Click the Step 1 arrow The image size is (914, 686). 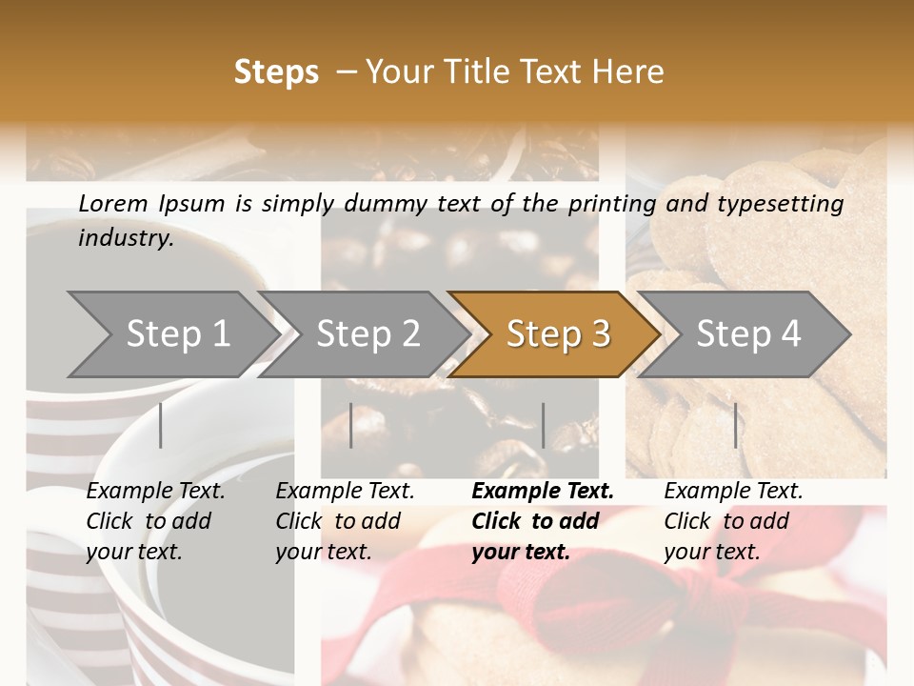176,334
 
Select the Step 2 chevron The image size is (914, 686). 368,334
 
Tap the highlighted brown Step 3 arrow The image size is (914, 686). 557,334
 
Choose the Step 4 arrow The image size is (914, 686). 748,334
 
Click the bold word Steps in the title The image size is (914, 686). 276,72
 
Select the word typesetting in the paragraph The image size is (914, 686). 787,203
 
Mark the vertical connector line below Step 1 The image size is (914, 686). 161,425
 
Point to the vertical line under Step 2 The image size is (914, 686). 351,425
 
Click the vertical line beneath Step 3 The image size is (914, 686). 543,425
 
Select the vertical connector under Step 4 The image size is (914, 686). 735,425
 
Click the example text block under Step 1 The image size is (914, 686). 155,521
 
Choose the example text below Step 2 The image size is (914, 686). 345,521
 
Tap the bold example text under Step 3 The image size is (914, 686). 542,521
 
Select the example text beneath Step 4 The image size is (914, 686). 732,521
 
